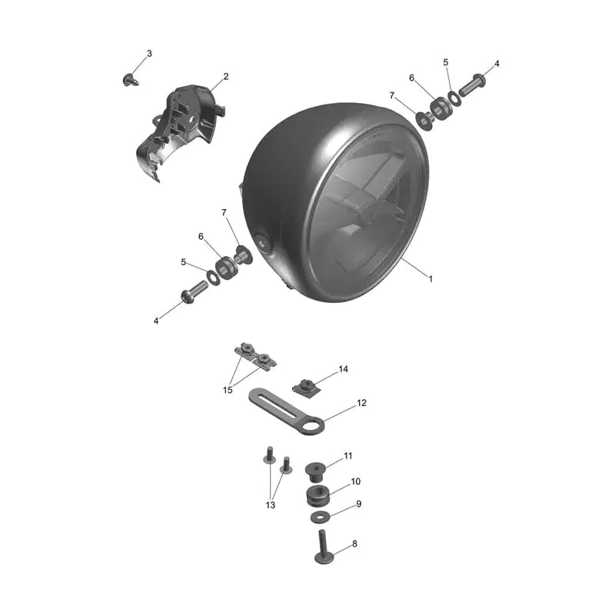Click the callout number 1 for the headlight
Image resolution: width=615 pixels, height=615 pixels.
[430, 279]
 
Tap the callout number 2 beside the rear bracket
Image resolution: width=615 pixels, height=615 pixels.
[226, 77]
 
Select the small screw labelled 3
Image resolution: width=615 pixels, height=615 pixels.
[131, 80]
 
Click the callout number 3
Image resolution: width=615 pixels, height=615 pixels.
[149, 53]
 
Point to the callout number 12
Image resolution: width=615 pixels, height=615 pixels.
[361, 403]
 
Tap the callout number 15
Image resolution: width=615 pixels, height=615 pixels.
[228, 390]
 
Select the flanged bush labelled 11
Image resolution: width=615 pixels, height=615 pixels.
[316, 472]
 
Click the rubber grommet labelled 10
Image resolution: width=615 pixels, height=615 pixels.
[317, 495]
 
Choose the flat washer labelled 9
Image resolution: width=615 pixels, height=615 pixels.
[320, 517]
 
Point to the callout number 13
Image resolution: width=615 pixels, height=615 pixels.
[271, 505]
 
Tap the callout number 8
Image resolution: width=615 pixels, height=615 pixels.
[354, 544]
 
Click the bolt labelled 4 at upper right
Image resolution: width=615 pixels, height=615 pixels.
[471, 85]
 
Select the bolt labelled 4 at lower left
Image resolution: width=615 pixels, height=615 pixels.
[194, 292]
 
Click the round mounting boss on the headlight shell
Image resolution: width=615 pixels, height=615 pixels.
[262, 243]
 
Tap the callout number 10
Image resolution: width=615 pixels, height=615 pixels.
[355, 482]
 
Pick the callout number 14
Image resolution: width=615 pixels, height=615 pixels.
[343, 369]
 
